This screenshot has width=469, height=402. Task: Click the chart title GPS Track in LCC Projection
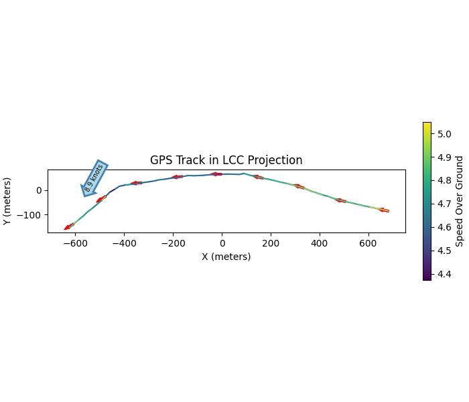pyautogui.click(x=226, y=160)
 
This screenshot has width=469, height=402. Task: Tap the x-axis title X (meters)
pyautogui.click(x=226, y=257)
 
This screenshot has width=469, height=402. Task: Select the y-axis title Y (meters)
pyautogui.click(x=7, y=201)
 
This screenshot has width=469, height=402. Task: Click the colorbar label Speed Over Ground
pyautogui.click(x=460, y=201)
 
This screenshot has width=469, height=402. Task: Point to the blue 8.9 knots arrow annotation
pyautogui.click(x=94, y=178)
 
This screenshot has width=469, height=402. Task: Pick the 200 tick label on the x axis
pyautogui.click(x=271, y=244)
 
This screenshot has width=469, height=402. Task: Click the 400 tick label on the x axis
pyautogui.click(x=320, y=244)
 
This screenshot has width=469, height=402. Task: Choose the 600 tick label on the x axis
pyautogui.click(x=368, y=244)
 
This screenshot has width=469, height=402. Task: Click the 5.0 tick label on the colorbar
pyautogui.click(x=444, y=134)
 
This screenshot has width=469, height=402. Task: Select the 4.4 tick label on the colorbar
pyautogui.click(x=444, y=274)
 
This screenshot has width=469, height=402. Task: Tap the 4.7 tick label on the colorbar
pyautogui.click(x=444, y=204)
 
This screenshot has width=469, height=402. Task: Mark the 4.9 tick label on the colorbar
pyautogui.click(x=444, y=157)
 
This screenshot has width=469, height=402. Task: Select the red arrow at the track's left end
pyautogui.click(x=68, y=227)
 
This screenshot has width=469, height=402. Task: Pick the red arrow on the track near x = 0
pyautogui.click(x=216, y=174)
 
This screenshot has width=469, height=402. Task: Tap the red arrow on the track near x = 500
pyautogui.click(x=340, y=200)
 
